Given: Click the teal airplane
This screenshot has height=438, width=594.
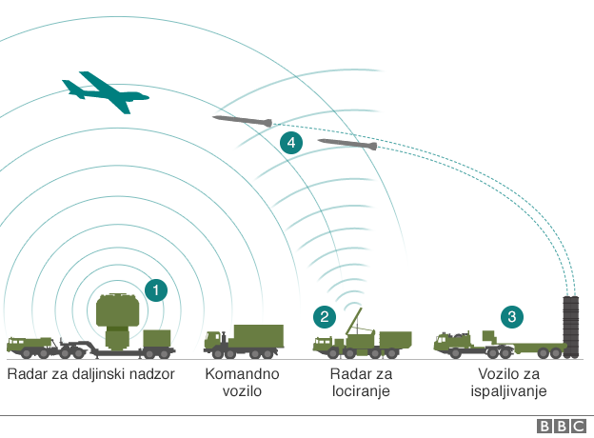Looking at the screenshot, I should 106,90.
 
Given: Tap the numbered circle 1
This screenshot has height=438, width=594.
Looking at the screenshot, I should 155,289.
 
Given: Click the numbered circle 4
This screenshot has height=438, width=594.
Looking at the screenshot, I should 291,144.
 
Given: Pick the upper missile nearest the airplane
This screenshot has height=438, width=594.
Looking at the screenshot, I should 242,121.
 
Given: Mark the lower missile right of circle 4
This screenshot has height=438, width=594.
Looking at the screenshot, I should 347,145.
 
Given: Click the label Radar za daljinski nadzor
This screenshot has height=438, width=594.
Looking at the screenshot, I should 90,373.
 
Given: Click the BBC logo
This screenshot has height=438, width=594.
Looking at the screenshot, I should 562,427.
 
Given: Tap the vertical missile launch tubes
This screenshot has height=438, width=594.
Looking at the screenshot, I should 570,327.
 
